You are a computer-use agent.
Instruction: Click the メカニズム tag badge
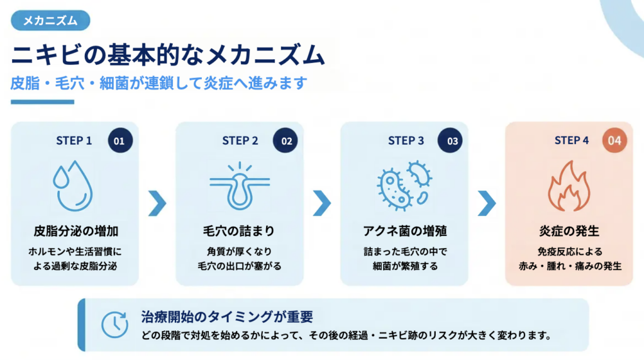(x=50, y=21)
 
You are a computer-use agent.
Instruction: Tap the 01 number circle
(x=119, y=141)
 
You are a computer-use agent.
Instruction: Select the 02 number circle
(x=286, y=141)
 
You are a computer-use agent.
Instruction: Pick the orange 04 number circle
(x=614, y=141)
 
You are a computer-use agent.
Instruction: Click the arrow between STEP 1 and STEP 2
(x=157, y=203)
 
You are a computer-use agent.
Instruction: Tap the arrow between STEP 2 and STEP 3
(x=321, y=203)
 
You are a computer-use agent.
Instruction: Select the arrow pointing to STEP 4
(x=487, y=203)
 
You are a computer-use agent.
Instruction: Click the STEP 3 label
(x=406, y=141)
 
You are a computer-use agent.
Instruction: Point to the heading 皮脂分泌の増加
(x=75, y=231)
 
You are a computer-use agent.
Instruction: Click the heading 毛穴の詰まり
(x=239, y=231)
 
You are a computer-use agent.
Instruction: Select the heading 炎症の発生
(x=569, y=231)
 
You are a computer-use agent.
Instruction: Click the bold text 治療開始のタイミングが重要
(x=227, y=317)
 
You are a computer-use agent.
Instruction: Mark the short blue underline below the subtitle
(x=42, y=102)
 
